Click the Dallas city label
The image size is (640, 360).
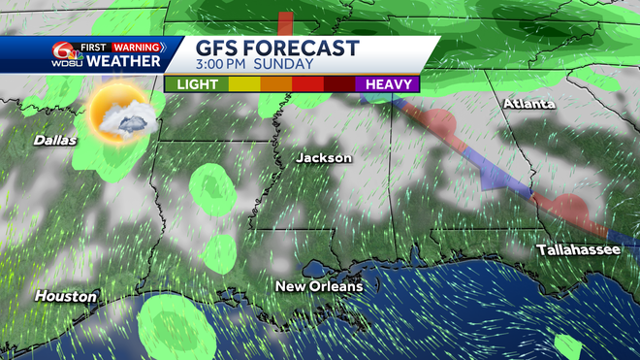(54, 141)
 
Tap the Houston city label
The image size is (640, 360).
(67, 295)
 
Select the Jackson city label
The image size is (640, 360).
(324, 157)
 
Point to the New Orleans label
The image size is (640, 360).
(319, 286)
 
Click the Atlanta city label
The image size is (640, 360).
(528, 104)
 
